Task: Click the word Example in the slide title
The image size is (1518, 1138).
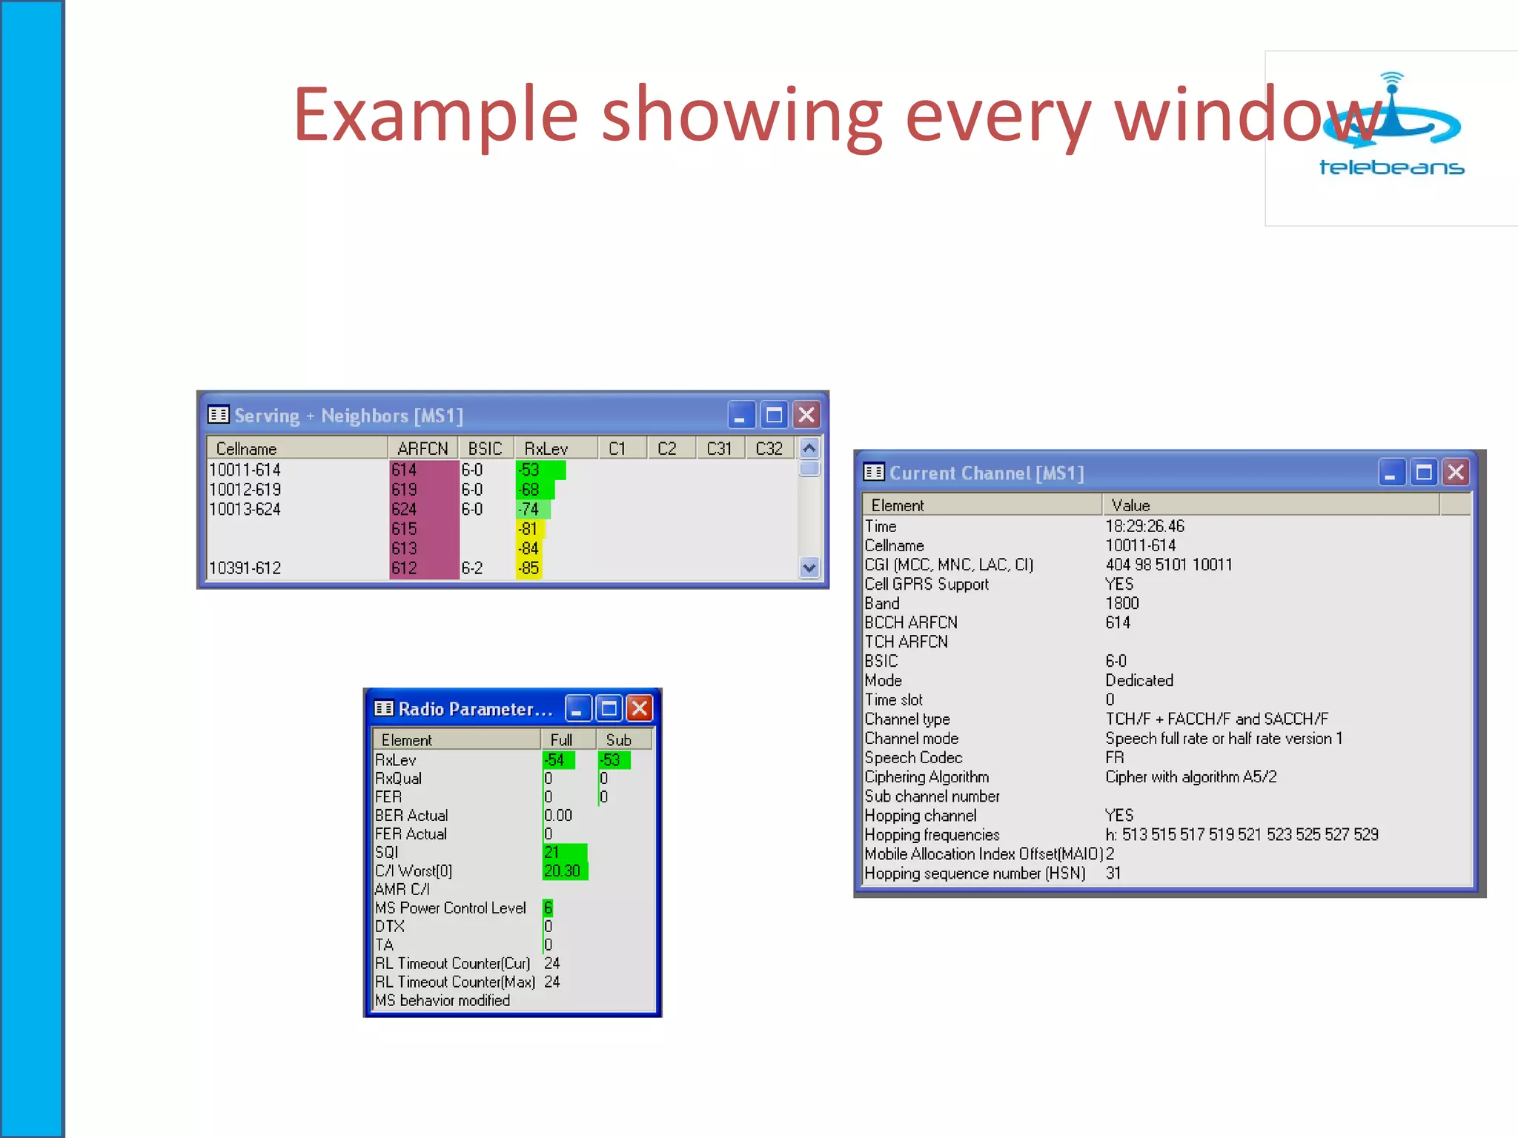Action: tap(435, 115)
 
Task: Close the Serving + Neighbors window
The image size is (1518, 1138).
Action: tap(806, 415)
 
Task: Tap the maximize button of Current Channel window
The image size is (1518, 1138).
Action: tap(1423, 473)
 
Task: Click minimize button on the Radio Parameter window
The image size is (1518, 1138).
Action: tap(577, 709)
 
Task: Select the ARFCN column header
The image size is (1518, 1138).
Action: tap(422, 449)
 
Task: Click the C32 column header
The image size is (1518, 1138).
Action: tap(769, 449)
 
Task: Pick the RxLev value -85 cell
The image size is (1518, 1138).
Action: tap(528, 568)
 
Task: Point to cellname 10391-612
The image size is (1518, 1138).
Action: tap(245, 568)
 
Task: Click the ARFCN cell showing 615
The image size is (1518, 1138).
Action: tap(405, 529)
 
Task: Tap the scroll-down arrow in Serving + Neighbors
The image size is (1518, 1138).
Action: tap(809, 568)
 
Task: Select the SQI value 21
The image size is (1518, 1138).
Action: tap(552, 853)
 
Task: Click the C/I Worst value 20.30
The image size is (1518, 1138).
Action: tap(563, 871)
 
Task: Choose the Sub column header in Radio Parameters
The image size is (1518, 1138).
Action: tap(619, 740)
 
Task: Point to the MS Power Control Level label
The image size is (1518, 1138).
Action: tap(451, 908)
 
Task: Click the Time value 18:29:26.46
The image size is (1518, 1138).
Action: tap(1144, 527)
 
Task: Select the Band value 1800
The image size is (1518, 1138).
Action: tap(1122, 604)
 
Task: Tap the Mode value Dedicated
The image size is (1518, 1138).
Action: tap(1139, 681)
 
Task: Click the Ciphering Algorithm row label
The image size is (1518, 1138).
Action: tap(927, 777)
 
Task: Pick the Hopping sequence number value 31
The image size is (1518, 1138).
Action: tap(1113, 874)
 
